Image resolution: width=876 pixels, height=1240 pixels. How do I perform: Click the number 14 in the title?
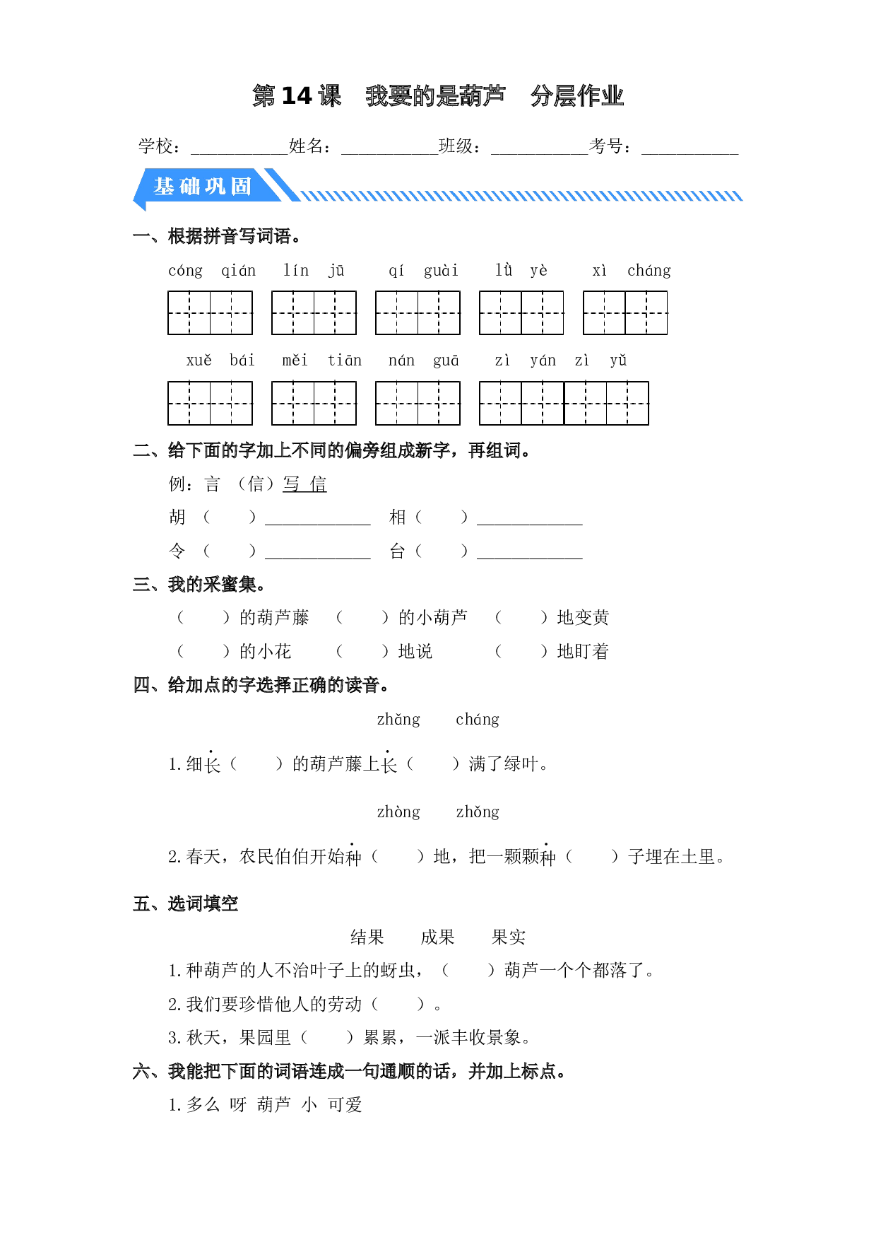(297, 95)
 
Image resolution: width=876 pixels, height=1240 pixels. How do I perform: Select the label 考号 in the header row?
(606, 146)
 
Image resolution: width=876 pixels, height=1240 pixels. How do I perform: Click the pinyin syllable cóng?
(186, 270)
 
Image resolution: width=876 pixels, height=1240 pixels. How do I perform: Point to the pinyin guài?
(441, 270)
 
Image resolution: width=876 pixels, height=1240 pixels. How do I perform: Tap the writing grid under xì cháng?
(625, 312)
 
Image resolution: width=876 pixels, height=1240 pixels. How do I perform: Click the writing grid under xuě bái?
(210, 403)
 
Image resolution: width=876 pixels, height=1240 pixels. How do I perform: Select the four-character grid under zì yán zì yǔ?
(564, 403)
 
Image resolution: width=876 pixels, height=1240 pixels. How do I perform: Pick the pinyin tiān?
(345, 361)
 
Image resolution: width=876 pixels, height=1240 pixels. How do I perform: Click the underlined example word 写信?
(304, 484)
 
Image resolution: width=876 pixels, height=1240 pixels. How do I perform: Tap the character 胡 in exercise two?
(177, 517)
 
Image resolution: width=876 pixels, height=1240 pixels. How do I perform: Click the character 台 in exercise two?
(398, 551)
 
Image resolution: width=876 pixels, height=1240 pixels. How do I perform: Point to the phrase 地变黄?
(583, 617)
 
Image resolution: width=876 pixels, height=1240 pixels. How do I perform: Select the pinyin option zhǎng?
(398, 720)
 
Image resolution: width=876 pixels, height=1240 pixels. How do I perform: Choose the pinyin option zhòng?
(398, 812)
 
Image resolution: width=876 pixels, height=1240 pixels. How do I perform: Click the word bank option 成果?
(438, 937)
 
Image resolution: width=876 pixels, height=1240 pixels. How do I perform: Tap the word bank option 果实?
(509, 937)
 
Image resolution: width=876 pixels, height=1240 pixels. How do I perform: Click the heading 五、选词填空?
(186, 903)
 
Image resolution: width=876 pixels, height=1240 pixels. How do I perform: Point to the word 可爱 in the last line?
(345, 1104)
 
